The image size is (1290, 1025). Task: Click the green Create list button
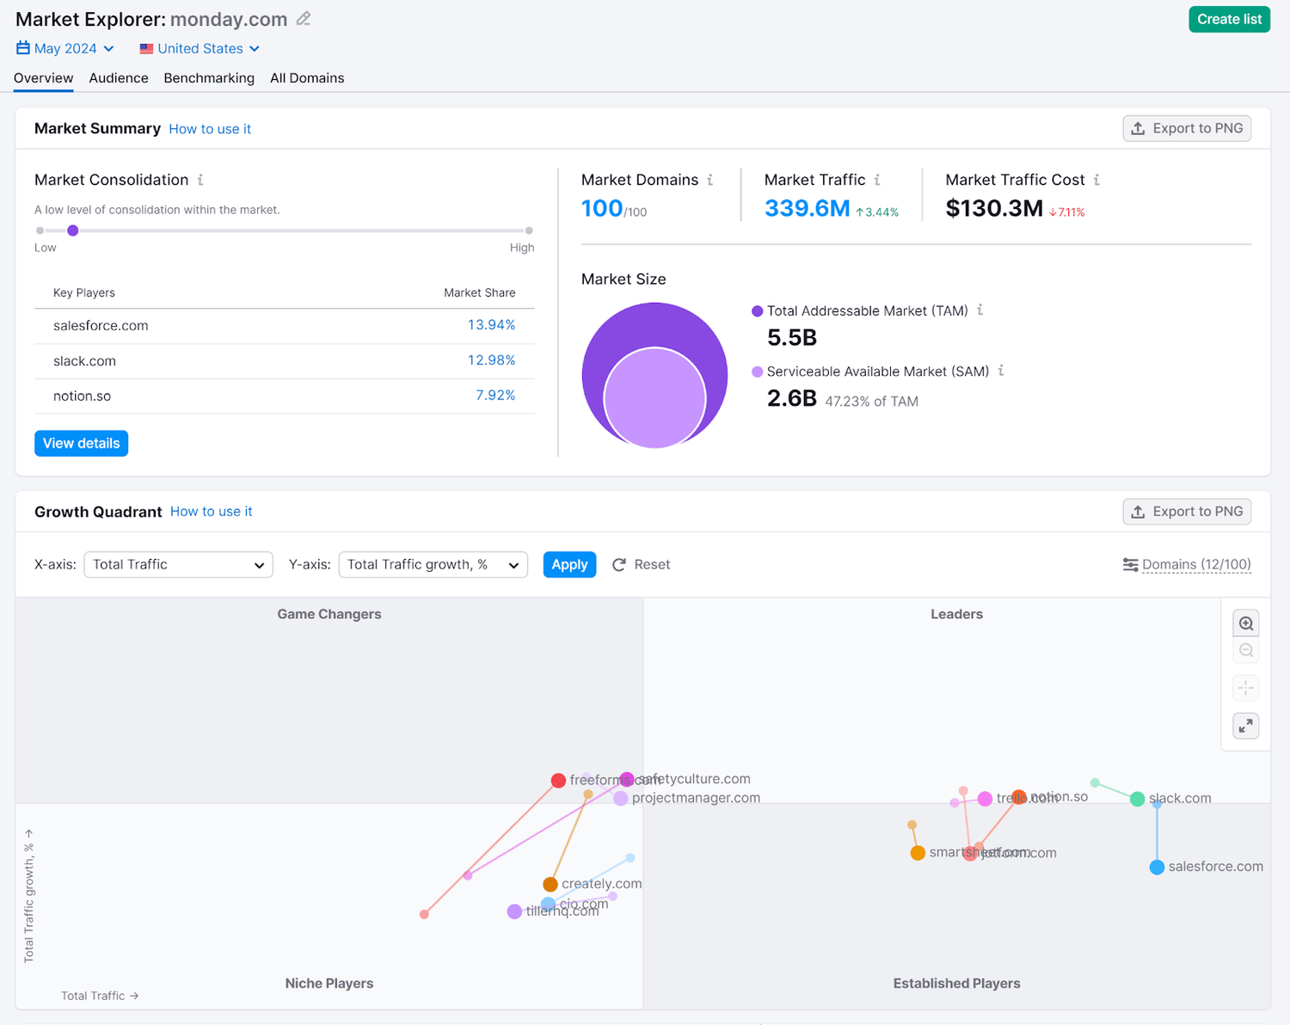point(1229,19)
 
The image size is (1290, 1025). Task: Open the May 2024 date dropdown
point(65,49)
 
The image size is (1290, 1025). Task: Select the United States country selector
point(200,49)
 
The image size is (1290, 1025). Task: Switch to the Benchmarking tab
point(209,78)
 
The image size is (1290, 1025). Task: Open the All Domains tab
point(307,78)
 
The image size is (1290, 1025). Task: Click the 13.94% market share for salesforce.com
point(491,325)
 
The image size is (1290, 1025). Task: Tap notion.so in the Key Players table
point(82,396)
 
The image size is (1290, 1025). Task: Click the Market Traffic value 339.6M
point(807,209)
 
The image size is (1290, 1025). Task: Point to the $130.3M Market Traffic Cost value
point(994,209)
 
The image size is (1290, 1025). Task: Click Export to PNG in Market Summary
point(1187,128)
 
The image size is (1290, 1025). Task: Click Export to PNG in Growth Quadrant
point(1187,512)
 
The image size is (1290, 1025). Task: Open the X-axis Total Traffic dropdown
point(178,565)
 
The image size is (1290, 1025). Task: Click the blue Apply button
point(569,565)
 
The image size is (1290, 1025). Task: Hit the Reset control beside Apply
point(642,565)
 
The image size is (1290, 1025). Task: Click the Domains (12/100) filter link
point(1195,565)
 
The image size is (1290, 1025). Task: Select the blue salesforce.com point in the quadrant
point(1157,868)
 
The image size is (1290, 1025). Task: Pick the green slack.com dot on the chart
point(1137,799)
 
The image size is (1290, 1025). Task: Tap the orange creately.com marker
point(550,885)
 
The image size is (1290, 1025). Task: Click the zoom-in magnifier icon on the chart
point(1245,623)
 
